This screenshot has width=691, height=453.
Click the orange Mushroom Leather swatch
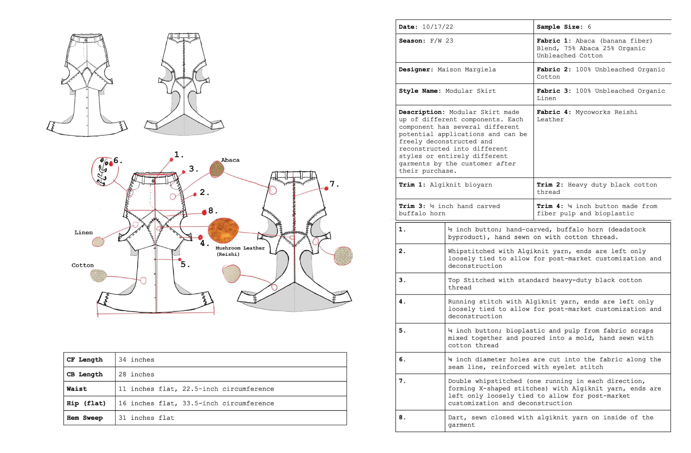click(x=223, y=230)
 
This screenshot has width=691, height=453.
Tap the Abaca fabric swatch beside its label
click(x=217, y=169)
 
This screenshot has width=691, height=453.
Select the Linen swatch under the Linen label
click(x=98, y=242)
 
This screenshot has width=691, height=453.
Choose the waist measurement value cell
click(x=196, y=389)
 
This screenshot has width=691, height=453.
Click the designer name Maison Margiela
click(x=467, y=70)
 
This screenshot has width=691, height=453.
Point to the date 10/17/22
click(x=438, y=27)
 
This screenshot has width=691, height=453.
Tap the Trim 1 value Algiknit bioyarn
click(x=461, y=185)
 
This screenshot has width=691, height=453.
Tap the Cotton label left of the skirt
click(x=83, y=265)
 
